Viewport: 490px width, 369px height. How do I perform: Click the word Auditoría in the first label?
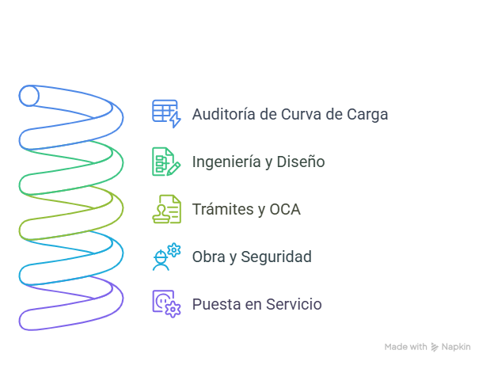click(224, 114)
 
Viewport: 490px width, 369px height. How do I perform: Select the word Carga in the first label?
click(367, 114)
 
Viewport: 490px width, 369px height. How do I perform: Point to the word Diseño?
click(301, 162)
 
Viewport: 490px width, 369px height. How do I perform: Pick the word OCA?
click(284, 210)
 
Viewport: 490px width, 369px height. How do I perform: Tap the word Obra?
click(208, 257)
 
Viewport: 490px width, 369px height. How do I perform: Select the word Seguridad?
click(275, 257)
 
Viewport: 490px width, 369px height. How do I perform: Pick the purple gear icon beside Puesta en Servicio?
click(166, 304)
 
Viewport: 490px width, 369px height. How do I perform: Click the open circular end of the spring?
click(29, 97)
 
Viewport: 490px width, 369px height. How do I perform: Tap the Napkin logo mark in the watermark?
click(435, 347)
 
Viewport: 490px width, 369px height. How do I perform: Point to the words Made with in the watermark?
click(405, 347)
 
